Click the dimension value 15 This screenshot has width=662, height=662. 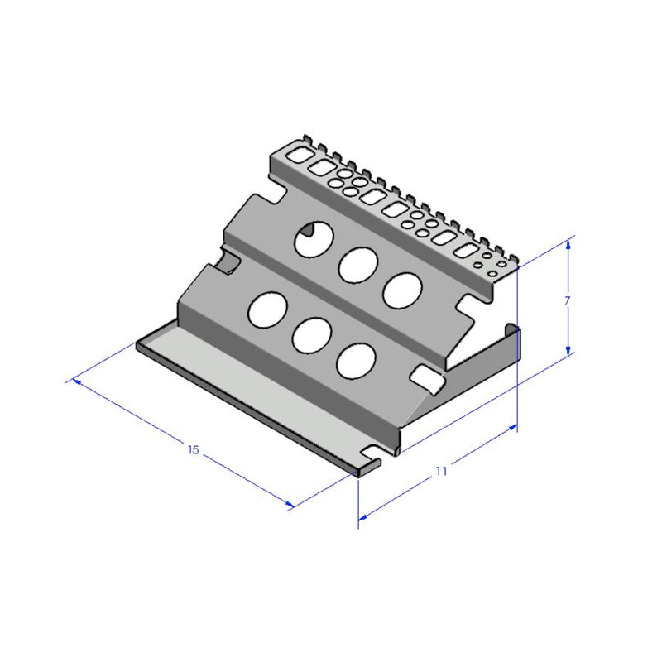pos(194,450)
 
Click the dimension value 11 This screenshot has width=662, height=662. pos(441,471)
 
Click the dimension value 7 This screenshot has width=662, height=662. pos(567,302)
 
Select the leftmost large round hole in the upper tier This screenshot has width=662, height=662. pos(313,239)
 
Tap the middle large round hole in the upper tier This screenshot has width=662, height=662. pos(358,264)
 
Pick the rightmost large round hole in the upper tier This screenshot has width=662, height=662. pos(402,289)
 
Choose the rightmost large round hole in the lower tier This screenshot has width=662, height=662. pos(356,361)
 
